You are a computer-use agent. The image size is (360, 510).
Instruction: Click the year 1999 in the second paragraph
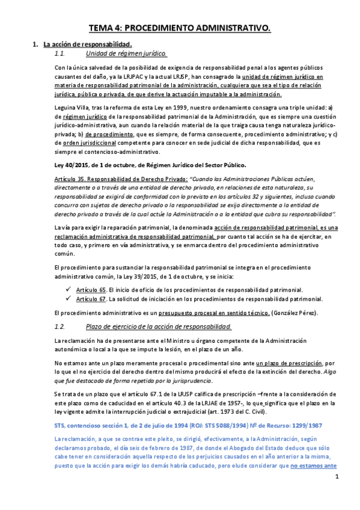point(169,107)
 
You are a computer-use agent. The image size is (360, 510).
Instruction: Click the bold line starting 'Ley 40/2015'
point(150,165)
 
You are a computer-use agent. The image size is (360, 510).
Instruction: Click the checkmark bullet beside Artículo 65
point(69,289)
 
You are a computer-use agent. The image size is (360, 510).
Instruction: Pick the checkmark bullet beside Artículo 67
point(69,298)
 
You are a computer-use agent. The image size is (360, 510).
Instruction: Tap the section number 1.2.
point(59,326)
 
